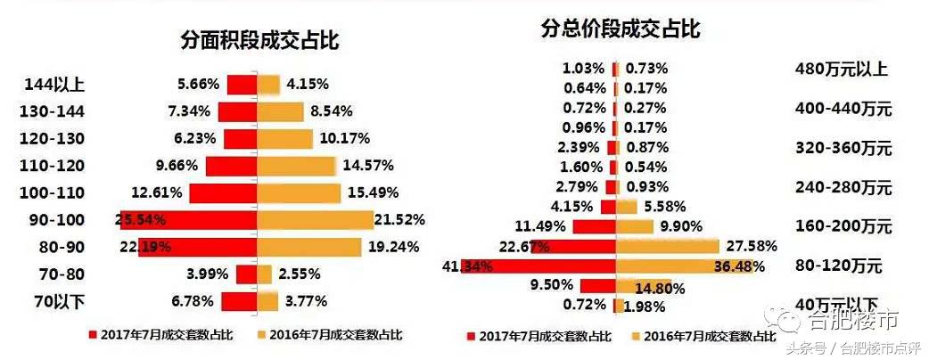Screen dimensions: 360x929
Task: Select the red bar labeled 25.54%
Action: click(x=187, y=219)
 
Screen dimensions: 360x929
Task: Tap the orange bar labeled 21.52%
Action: click(x=315, y=219)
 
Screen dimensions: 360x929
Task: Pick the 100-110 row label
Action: click(x=53, y=192)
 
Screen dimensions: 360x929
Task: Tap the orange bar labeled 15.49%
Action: click(x=299, y=192)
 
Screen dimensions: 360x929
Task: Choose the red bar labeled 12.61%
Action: click(x=223, y=192)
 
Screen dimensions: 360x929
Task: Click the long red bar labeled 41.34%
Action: click(x=538, y=266)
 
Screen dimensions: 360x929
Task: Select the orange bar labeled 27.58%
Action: click(x=668, y=246)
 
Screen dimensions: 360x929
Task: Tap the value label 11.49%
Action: click(x=540, y=226)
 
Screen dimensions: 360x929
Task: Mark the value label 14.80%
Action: click(x=661, y=287)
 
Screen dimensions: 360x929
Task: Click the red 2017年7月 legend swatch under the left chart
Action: click(x=91, y=336)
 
